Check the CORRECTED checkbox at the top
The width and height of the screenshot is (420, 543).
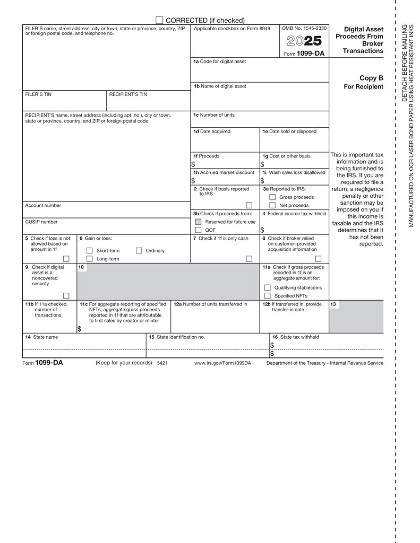pos(159,20)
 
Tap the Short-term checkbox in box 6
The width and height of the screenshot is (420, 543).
pos(89,250)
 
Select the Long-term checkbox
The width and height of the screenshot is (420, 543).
pos(89,259)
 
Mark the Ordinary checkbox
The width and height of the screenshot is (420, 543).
pos(139,250)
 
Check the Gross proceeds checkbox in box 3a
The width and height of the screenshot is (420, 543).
pos(272,197)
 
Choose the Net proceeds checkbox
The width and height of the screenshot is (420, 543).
pos(272,205)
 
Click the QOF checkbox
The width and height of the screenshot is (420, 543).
pos(198,230)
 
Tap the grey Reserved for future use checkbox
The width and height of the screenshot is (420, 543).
pos(198,222)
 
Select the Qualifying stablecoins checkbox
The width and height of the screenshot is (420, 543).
pos(268,287)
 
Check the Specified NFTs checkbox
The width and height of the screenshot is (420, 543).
pos(268,295)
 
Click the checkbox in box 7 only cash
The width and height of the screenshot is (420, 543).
pos(248,259)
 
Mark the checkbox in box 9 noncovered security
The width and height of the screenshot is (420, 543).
pos(66,295)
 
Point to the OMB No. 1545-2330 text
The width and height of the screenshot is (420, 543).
pos(304,28)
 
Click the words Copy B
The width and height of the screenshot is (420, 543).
pos(371,78)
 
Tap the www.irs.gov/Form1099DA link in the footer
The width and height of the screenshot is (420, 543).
pos(222,363)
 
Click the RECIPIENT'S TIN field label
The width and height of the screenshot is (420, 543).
pos(128,94)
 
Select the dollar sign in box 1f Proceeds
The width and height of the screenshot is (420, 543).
pos(193,164)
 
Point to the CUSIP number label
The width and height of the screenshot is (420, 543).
pos(41,222)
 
